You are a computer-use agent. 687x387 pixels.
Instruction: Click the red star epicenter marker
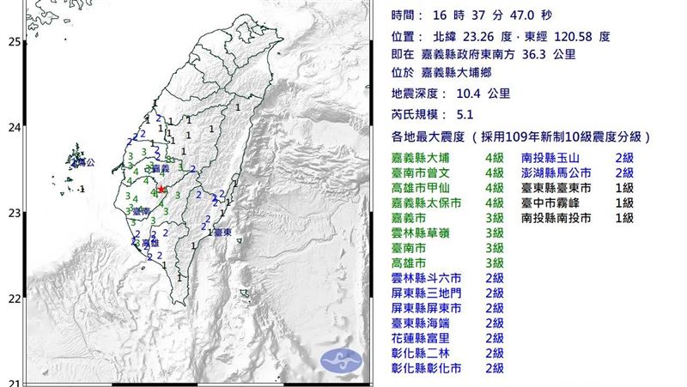[161, 190]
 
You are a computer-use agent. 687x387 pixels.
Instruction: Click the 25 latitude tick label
[14, 41]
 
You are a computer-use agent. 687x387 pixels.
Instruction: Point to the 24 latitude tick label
[14, 128]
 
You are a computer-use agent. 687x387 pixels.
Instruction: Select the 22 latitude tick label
[14, 299]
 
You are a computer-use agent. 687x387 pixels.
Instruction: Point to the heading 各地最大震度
[432, 136]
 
